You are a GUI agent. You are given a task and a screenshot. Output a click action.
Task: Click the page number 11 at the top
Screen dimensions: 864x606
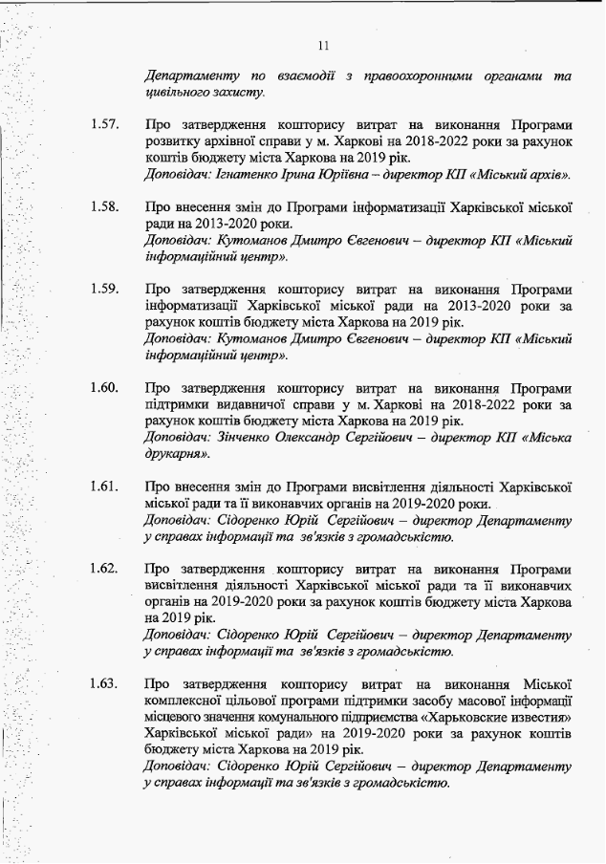[323, 44]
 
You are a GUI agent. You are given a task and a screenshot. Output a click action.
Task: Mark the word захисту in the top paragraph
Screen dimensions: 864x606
[229, 92]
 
